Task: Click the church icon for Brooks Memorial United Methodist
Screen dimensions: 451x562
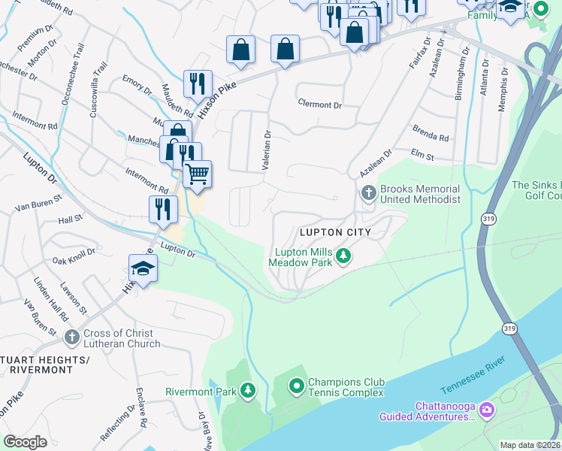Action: click(x=368, y=193)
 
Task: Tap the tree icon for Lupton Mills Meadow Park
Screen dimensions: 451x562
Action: click(x=343, y=256)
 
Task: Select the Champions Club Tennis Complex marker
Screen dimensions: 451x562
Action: click(x=297, y=386)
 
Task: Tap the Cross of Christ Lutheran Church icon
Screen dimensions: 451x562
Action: click(x=71, y=337)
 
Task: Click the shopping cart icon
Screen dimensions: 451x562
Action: click(x=197, y=174)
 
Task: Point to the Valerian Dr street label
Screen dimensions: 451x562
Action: click(x=266, y=150)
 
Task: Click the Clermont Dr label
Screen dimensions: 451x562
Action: click(x=319, y=104)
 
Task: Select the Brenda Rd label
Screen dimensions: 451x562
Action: click(x=430, y=138)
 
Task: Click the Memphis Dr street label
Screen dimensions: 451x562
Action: click(x=503, y=89)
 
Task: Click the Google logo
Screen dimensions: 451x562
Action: click(x=26, y=442)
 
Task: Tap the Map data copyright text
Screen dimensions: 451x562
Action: click(x=530, y=445)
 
